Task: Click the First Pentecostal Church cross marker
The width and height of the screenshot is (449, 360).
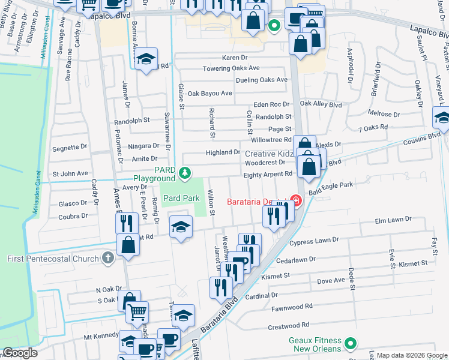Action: click(x=107, y=259)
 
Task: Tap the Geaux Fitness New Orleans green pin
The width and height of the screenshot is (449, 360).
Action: click(x=351, y=344)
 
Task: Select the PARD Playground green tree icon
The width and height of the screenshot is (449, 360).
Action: click(x=185, y=174)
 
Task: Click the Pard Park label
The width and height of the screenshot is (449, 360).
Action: click(x=181, y=197)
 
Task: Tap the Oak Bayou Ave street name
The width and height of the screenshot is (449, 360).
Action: click(x=209, y=94)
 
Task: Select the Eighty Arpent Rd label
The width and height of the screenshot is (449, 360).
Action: click(x=268, y=174)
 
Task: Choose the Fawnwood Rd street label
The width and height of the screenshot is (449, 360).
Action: click(x=292, y=306)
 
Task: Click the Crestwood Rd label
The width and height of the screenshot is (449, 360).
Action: click(x=292, y=327)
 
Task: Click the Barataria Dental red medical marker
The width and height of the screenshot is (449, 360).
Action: click(x=295, y=200)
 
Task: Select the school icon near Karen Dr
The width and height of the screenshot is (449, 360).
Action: click(x=145, y=59)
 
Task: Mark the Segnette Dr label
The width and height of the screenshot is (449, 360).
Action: click(x=70, y=147)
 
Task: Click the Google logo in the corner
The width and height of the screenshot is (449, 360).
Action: click(x=20, y=353)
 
